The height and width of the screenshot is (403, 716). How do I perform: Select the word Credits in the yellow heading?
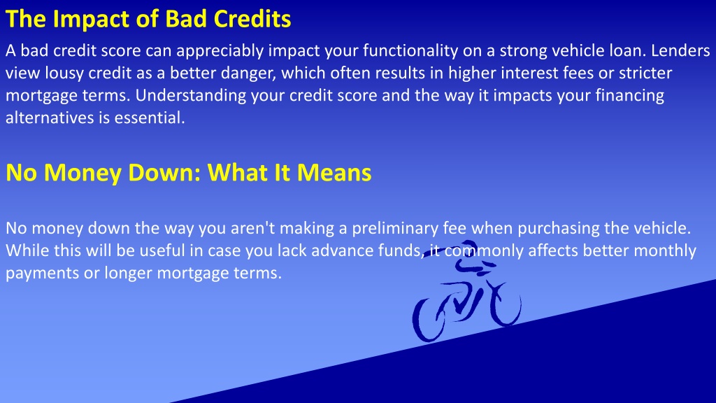point(252,19)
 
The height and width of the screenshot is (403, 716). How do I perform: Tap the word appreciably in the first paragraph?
point(220,51)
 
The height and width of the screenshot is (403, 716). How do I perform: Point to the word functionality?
point(410,51)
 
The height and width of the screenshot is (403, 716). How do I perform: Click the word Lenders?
point(680,50)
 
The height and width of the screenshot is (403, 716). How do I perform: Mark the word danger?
point(249,73)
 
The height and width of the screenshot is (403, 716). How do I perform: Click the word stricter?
point(645,73)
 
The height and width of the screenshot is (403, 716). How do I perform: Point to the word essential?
point(150,118)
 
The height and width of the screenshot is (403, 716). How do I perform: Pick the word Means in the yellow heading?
point(334,173)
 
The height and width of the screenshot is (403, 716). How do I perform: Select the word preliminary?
point(395,229)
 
